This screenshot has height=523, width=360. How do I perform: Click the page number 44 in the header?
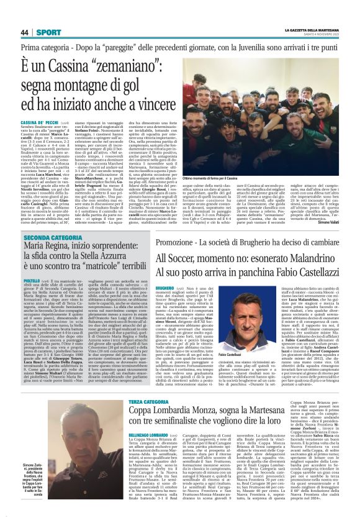(25, 32)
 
